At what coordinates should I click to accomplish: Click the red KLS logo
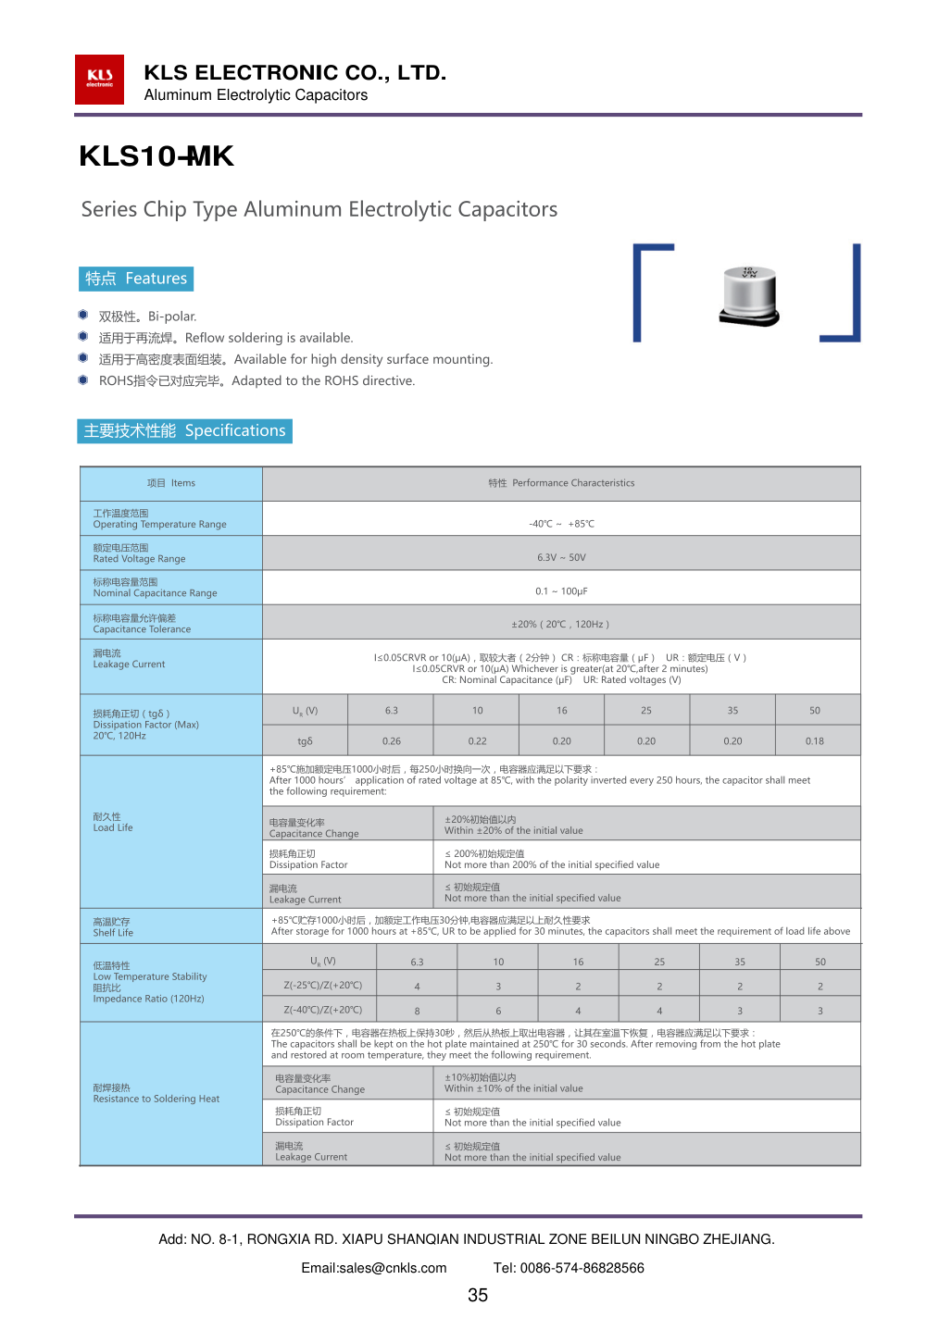click(99, 80)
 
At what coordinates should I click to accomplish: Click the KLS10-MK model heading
click(156, 156)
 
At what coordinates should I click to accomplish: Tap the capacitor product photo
click(749, 296)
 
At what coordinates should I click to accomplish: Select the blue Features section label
click(136, 279)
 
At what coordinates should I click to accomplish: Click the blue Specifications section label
click(185, 431)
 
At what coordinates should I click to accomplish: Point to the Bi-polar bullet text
click(148, 317)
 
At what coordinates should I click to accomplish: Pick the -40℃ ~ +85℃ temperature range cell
click(561, 524)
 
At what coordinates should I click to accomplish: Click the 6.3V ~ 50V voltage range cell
click(561, 558)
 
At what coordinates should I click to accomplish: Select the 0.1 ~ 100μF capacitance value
click(561, 591)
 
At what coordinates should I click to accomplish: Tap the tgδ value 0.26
click(392, 741)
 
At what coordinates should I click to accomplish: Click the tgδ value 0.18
click(815, 741)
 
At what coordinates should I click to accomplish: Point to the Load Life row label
click(113, 823)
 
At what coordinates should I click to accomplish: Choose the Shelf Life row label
click(113, 927)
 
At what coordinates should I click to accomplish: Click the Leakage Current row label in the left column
click(129, 659)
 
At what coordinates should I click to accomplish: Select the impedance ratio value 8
click(417, 1012)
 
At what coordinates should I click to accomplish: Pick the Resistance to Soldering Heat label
click(156, 1094)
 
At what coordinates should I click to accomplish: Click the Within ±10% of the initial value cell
click(514, 1084)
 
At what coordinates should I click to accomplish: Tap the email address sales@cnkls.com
click(374, 1268)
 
